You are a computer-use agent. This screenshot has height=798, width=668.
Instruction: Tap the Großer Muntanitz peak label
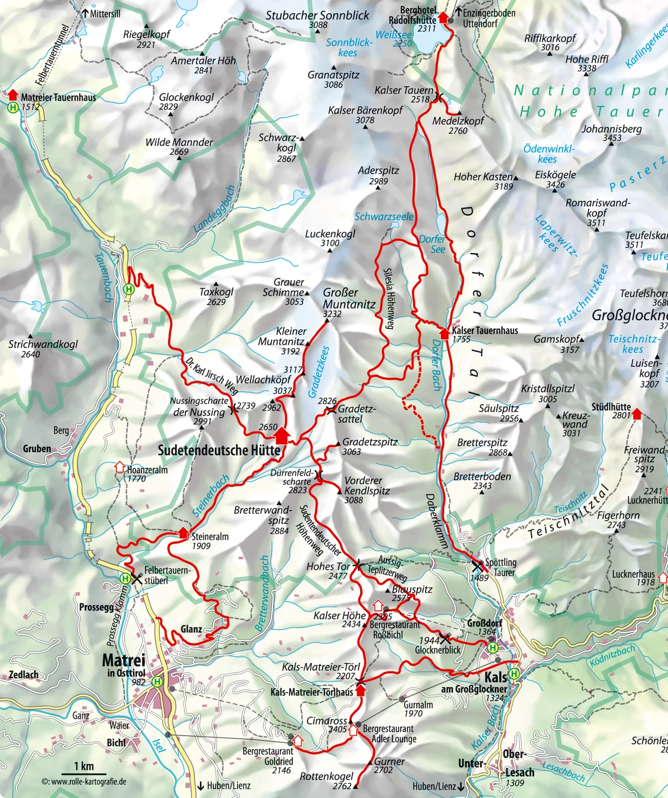pyautogui.click(x=349, y=298)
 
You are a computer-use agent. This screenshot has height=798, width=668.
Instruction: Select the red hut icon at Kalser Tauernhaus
pyautogui.click(x=444, y=333)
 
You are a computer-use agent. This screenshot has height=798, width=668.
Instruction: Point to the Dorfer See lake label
pyautogui.click(x=433, y=244)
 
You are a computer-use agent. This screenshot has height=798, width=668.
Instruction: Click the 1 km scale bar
pyautogui.click(x=83, y=773)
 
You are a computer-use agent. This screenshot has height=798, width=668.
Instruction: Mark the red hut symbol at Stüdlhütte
pyautogui.click(x=637, y=413)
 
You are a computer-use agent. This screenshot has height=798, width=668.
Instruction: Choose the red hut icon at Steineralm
pyautogui.click(x=183, y=533)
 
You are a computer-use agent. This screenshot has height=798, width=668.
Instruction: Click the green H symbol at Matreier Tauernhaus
pyautogui.click(x=13, y=107)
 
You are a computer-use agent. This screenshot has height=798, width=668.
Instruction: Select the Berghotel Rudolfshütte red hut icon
pyautogui.click(x=443, y=17)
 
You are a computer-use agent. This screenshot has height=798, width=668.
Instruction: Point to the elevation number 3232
pyautogui.click(x=332, y=314)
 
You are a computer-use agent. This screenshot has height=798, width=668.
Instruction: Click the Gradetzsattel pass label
pyautogui.click(x=356, y=414)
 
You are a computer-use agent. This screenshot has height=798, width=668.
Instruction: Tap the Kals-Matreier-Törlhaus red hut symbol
pyautogui.click(x=360, y=691)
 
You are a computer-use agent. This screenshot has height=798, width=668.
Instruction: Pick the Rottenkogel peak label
pyautogui.click(x=326, y=776)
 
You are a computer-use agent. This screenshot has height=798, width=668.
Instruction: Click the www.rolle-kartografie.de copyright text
pyautogui.click(x=84, y=782)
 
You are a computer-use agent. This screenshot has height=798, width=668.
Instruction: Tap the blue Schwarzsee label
pyautogui.click(x=384, y=217)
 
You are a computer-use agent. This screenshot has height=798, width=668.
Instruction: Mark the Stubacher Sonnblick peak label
pyautogui.click(x=317, y=16)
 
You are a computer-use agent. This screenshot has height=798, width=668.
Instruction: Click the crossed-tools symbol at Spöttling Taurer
pyautogui.click(x=477, y=566)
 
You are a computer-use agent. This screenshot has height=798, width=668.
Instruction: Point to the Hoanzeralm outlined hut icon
pyautogui.click(x=119, y=467)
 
